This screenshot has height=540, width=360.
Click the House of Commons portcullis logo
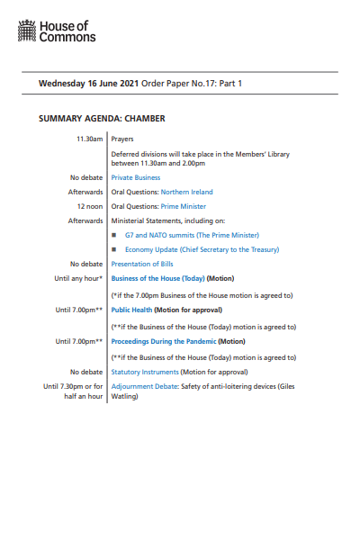(x=27, y=34)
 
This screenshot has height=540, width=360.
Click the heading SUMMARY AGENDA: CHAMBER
(x=102, y=118)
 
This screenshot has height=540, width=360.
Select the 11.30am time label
(x=89, y=139)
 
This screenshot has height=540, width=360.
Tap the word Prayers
(x=122, y=139)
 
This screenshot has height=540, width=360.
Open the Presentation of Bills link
(x=141, y=264)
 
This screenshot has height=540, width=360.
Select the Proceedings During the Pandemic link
(x=163, y=341)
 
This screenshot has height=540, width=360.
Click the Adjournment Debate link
(x=144, y=386)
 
